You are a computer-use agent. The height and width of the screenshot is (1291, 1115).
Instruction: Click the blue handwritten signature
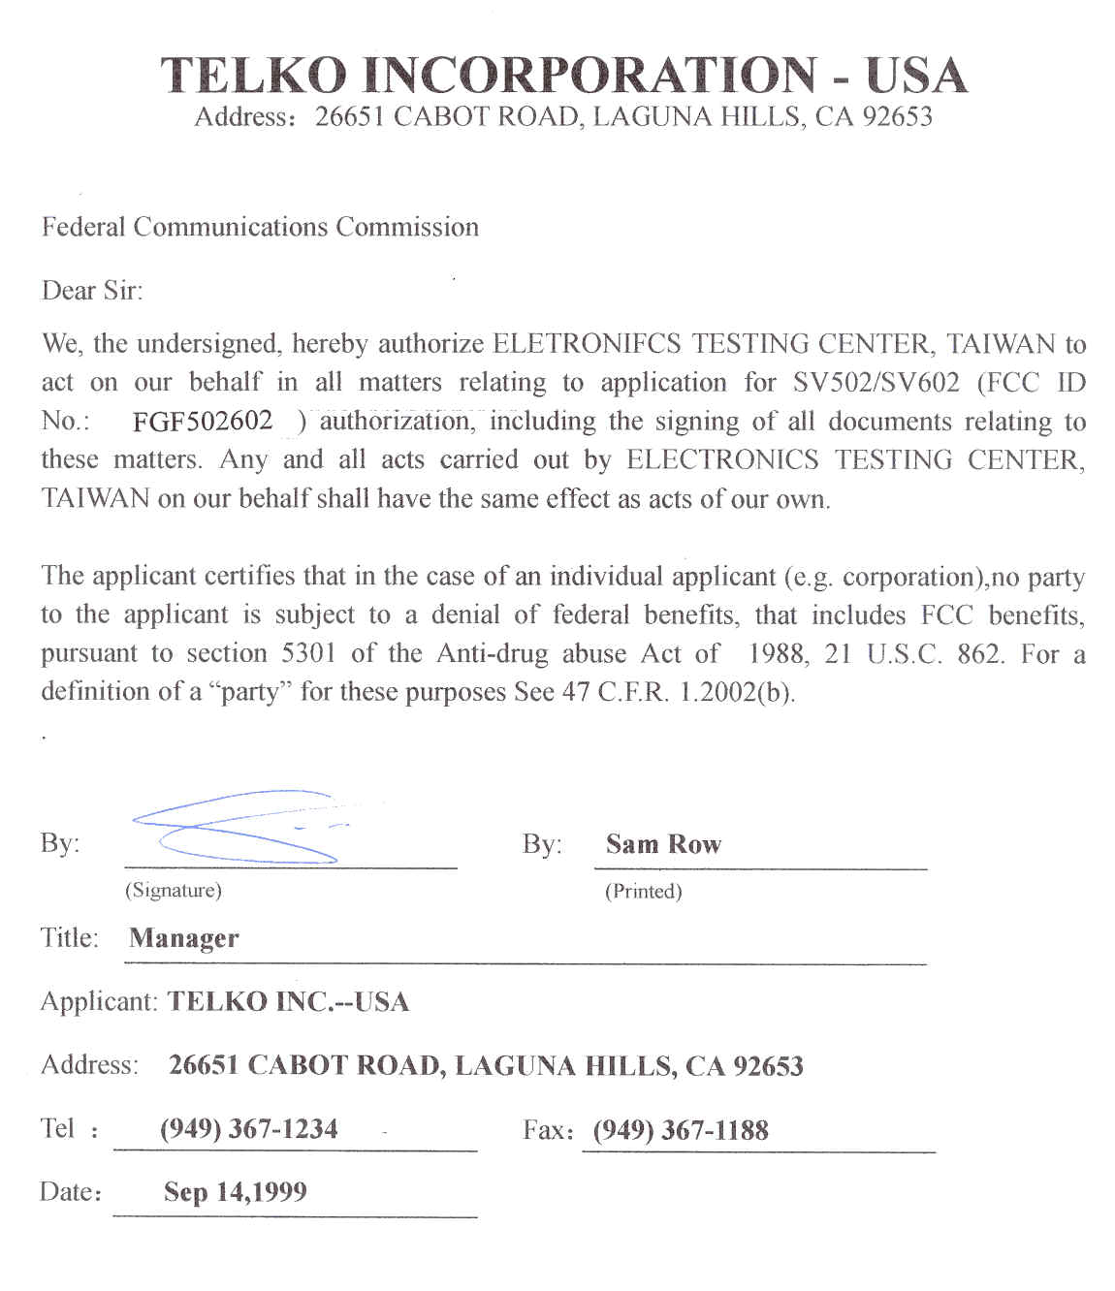coord(238,827)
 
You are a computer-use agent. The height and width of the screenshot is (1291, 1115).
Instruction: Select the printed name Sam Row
coord(663,844)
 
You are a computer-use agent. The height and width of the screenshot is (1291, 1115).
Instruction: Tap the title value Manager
coord(183,938)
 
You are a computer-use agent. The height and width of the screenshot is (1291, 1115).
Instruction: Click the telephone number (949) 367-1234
coord(248,1129)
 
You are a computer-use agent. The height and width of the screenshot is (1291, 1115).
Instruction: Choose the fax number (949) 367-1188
coord(681,1130)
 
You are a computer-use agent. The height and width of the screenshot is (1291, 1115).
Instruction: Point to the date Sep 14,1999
coord(235,1192)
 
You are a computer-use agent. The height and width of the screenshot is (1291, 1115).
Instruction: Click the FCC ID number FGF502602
coord(203,422)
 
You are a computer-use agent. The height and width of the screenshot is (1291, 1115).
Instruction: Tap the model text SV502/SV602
coord(876,383)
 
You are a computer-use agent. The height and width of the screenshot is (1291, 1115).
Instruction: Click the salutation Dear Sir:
coord(92,291)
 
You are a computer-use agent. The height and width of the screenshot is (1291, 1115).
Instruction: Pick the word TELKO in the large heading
coord(253,76)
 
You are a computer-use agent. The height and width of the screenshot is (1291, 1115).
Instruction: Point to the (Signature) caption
coord(173,890)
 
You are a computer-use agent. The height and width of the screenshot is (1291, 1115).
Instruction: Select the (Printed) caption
coord(643,891)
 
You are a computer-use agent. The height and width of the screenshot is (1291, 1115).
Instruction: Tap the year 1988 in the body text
coord(777,653)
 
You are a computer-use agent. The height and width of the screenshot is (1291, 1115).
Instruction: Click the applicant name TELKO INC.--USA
coord(288,1002)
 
